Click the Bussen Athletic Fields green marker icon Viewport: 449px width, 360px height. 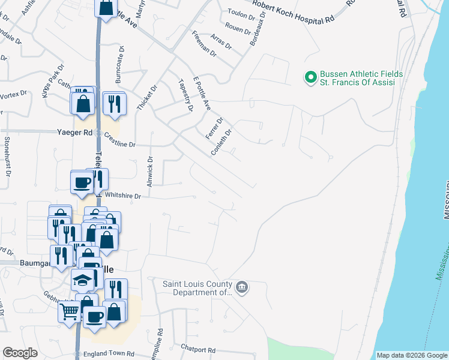pyautogui.click(x=311, y=77)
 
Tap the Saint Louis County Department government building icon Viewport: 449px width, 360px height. pyautogui.click(x=242, y=288)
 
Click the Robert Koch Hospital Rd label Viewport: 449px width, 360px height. pyautogui.click(x=293, y=13)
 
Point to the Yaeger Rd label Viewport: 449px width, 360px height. pyautogui.click(x=74, y=132)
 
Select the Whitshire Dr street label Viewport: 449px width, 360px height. pyautogui.click(x=122, y=196)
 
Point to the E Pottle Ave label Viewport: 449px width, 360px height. pyautogui.click(x=201, y=94)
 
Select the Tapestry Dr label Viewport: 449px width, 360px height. pyautogui.click(x=185, y=95)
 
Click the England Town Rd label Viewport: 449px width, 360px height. pyautogui.click(x=109, y=354)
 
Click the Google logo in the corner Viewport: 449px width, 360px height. pyautogui.click(x=20, y=353)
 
